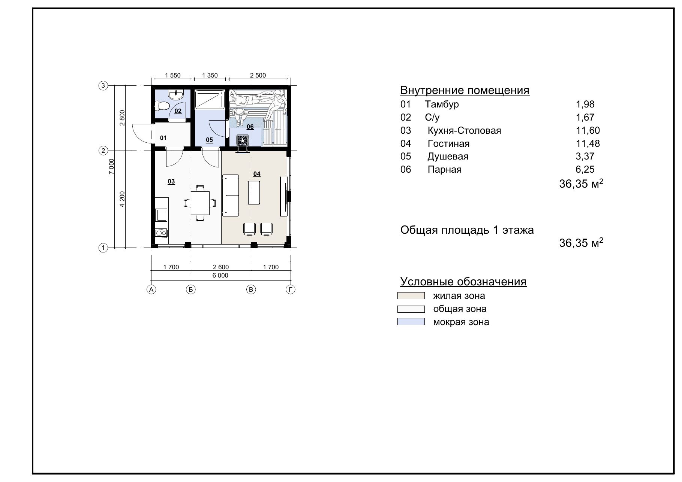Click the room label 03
point(171,182)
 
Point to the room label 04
point(257,174)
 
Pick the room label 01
point(163,138)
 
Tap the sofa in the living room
point(231,195)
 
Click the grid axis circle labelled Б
point(191,289)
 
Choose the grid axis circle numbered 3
point(103,86)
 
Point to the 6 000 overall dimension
point(220,276)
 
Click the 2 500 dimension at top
point(258,75)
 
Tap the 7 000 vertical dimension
point(111,167)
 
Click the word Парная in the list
point(445,170)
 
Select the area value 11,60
point(588,130)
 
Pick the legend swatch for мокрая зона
point(411,322)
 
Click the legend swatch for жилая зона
point(411,296)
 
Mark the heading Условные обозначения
point(463,282)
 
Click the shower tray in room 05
point(210,99)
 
